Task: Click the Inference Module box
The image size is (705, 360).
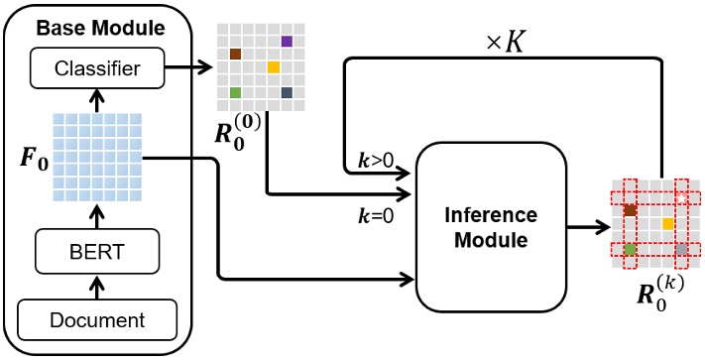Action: click(x=490, y=227)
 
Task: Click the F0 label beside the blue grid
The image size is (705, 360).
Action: click(x=30, y=159)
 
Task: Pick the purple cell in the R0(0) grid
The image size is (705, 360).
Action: click(x=287, y=41)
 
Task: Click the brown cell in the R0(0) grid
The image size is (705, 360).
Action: click(x=236, y=54)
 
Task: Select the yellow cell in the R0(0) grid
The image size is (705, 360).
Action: click(x=274, y=66)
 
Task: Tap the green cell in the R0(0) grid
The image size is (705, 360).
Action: click(x=236, y=92)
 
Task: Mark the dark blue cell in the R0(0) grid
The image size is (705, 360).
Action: click(x=287, y=92)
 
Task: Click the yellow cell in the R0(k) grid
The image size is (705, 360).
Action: click(x=668, y=223)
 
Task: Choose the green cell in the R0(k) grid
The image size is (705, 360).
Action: click(x=630, y=249)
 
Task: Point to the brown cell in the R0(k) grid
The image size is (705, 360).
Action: click(x=630, y=210)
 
